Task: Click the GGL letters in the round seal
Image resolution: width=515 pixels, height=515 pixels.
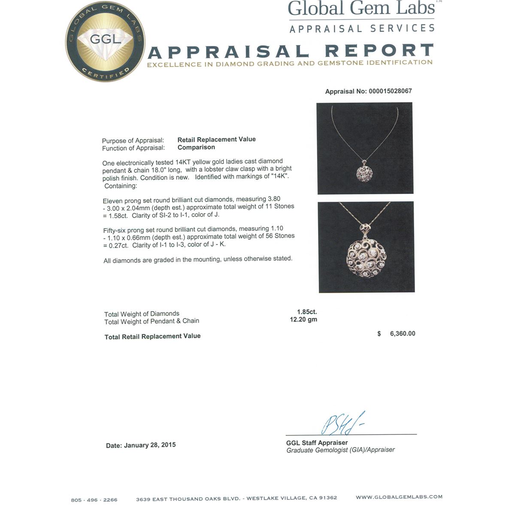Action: tap(105, 39)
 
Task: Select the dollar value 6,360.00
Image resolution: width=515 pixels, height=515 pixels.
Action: tap(402, 333)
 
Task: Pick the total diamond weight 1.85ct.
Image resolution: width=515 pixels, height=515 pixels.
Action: tap(307, 312)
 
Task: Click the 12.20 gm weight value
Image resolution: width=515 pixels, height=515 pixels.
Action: tap(303, 319)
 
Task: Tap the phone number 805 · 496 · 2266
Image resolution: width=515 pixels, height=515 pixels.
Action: tap(94, 500)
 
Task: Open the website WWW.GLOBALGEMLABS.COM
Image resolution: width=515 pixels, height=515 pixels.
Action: tap(399, 497)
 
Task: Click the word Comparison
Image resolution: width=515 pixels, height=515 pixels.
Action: tap(196, 147)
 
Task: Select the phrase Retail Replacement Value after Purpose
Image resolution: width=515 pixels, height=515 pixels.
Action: tap(216, 139)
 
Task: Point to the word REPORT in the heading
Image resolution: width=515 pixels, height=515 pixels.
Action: tap(379, 51)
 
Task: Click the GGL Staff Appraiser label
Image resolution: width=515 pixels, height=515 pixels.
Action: tap(317, 443)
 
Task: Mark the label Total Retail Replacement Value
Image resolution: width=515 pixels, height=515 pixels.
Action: tap(152, 336)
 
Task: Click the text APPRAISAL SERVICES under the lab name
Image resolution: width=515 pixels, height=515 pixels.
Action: tap(362, 29)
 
